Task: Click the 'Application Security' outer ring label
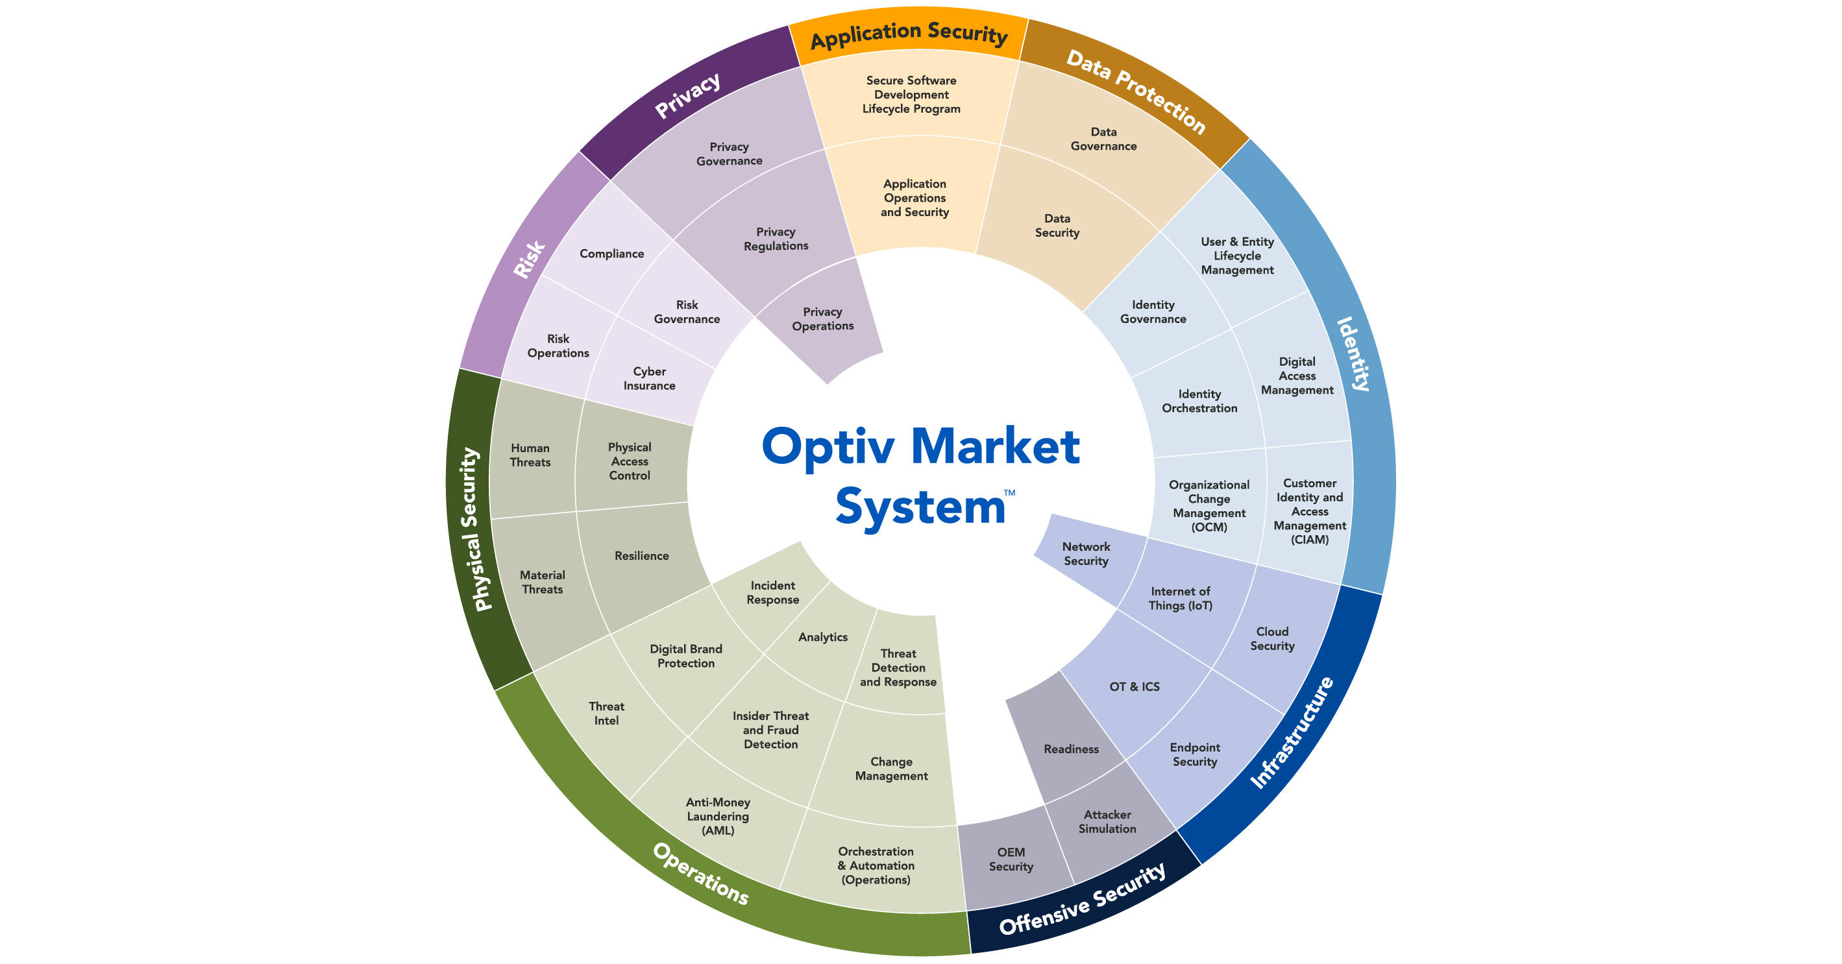pos(909,34)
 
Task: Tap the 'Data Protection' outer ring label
pos(1136,91)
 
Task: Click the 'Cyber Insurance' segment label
pos(649,379)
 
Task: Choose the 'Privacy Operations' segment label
pos(822,319)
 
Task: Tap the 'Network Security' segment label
pos(1085,554)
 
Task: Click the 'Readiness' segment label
pos(1070,749)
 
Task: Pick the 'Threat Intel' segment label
pos(606,713)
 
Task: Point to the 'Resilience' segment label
pos(641,556)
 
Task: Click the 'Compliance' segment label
pos(611,254)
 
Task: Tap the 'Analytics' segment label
pos(822,636)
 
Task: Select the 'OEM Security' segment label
pos(1011,859)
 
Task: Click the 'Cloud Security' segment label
pos(1272,639)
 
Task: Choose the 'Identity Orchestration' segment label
pos(1199,401)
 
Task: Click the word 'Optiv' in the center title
pos(828,446)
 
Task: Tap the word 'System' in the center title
pos(920,507)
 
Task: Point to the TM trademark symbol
pos(1009,493)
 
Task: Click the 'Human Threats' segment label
pos(530,455)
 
